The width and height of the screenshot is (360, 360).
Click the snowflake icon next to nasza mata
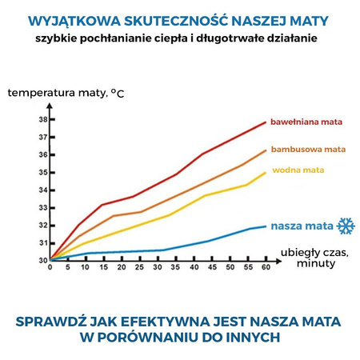coord(346,226)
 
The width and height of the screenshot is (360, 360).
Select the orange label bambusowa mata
coord(308,149)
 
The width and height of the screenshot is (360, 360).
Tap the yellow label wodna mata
coord(298,170)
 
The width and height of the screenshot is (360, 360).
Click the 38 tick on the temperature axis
coord(42,119)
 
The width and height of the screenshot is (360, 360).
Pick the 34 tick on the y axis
coord(42,190)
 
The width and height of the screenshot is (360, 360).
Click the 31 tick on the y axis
coord(42,243)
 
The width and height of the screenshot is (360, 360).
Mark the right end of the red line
coord(266,122)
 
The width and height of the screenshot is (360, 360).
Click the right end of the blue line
coord(266,226)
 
